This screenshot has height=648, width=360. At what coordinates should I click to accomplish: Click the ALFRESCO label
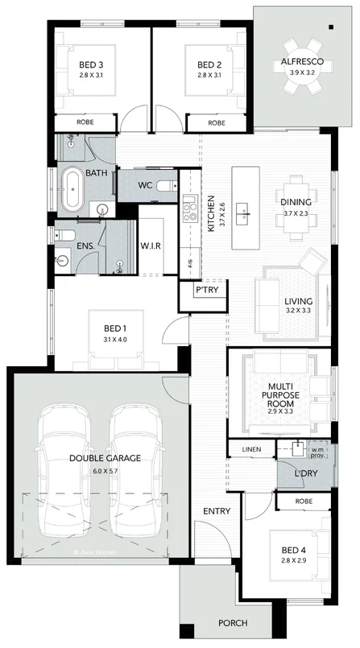(x=302, y=61)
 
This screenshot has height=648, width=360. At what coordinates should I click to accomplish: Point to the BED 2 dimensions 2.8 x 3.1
(x=209, y=76)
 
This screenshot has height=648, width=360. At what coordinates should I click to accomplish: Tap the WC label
(x=145, y=186)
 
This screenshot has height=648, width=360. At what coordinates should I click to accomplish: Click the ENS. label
(x=85, y=246)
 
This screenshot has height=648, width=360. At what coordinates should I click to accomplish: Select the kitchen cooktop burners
(x=191, y=212)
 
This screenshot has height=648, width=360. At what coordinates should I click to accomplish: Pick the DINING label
(x=295, y=203)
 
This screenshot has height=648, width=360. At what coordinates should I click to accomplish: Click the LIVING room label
(x=298, y=303)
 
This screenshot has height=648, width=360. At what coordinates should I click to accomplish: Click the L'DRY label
(x=304, y=474)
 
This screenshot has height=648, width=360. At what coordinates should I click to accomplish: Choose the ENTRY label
(x=217, y=511)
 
